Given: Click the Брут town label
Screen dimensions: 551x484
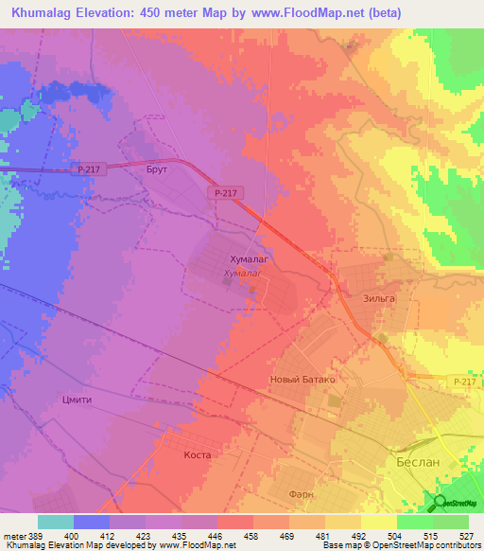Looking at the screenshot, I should (x=157, y=169).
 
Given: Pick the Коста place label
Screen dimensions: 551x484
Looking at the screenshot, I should (x=196, y=454).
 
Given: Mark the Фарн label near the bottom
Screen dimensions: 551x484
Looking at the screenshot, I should (x=301, y=494).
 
